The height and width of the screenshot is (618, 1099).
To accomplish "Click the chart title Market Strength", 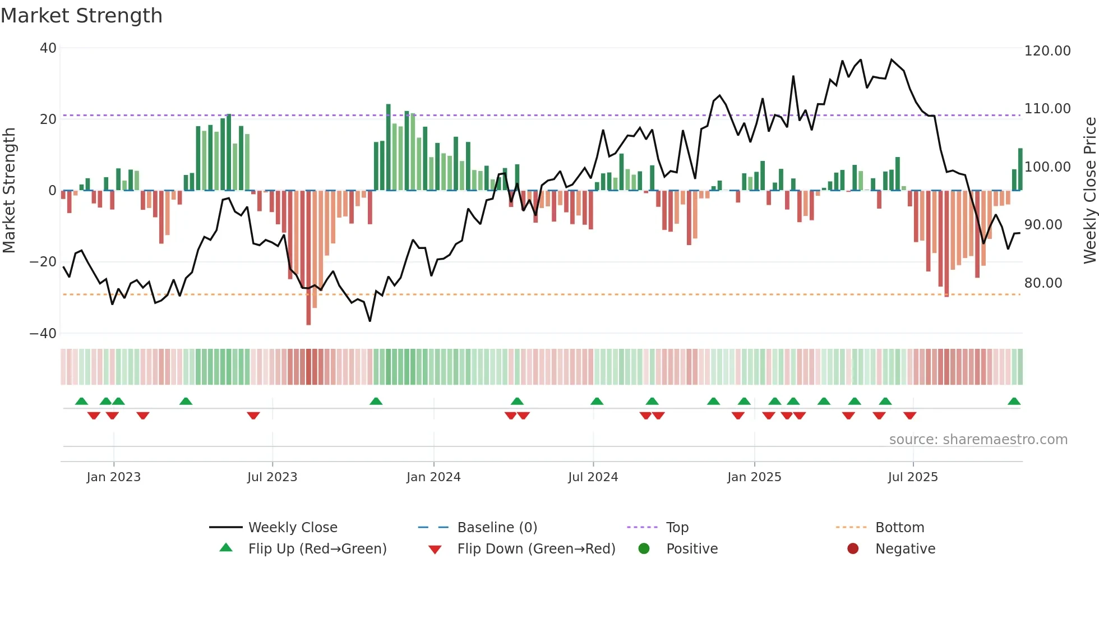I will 81,16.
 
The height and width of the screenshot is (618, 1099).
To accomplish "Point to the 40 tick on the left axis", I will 48,48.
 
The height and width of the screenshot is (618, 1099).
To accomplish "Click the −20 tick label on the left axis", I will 43,262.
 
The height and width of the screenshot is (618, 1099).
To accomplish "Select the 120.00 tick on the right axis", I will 1047,51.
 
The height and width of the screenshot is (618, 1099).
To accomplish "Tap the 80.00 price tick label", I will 1043,283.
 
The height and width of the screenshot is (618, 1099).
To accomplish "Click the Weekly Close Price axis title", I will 1089,191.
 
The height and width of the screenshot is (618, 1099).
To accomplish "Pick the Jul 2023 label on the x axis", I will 272,477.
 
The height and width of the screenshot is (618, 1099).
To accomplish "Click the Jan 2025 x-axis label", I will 754,477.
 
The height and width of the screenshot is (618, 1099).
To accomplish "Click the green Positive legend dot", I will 644,549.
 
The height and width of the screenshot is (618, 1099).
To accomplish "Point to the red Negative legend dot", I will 853,549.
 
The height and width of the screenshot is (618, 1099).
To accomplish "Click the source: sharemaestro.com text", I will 978,440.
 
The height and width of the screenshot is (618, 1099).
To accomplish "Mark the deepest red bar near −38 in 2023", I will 308,258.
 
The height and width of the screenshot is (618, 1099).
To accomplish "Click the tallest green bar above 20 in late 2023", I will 388,147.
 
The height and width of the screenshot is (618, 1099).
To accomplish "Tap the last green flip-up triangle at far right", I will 1014,402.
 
